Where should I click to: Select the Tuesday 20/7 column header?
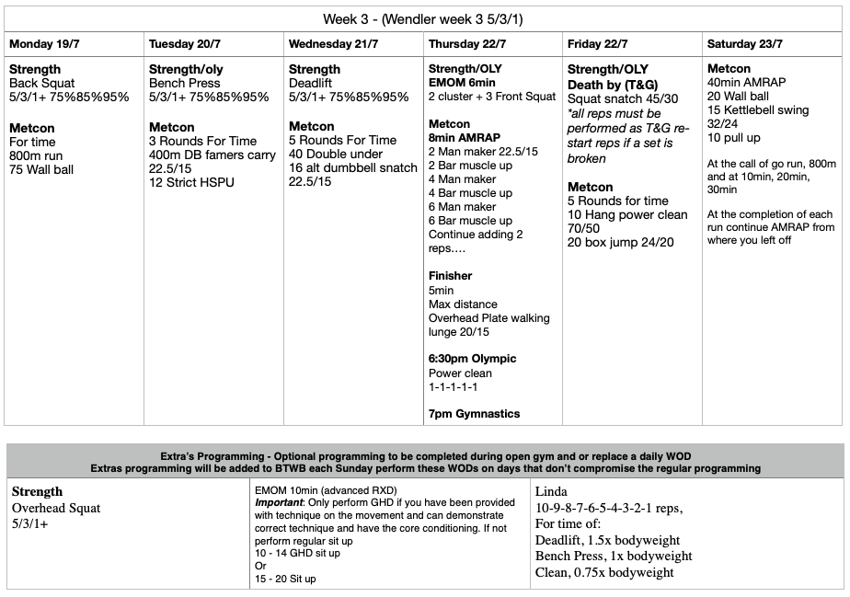(187, 43)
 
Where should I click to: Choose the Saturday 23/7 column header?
(745, 43)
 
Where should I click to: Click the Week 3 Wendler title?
(424, 19)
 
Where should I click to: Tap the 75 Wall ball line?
(41, 169)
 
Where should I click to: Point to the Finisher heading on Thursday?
(450, 276)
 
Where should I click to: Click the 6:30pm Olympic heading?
(472, 359)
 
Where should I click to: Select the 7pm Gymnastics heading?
(474, 414)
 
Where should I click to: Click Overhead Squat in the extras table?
(56, 508)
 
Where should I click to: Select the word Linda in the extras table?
(553, 492)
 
